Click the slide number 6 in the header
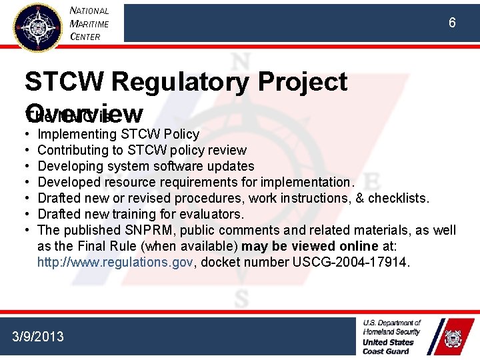(452, 23)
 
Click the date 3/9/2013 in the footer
(38, 336)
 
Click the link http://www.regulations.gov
(115, 262)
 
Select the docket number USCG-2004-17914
(349, 262)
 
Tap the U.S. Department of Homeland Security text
(392, 327)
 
